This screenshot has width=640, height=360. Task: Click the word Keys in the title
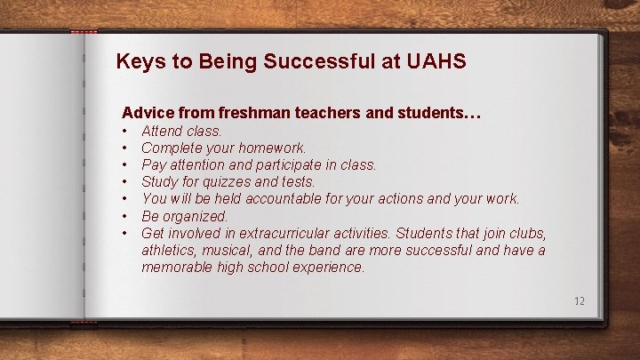coord(137,62)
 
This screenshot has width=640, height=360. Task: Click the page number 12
coord(580,301)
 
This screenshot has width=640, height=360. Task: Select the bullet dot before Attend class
coord(126,132)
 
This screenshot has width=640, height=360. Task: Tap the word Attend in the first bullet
coord(163,132)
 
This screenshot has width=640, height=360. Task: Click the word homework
coord(272,148)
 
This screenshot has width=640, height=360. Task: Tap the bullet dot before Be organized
coord(126,216)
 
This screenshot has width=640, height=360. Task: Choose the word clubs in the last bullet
coord(524,233)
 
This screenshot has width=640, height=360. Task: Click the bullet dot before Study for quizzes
coord(126,182)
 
